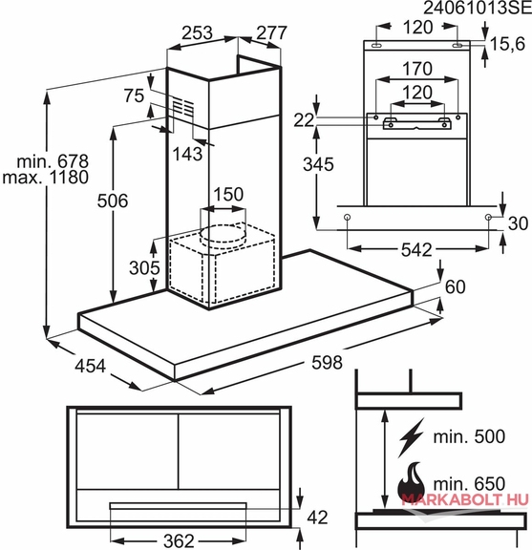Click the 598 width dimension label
(327, 362)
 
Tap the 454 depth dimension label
(90, 367)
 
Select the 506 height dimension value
(113, 201)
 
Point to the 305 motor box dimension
(144, 268)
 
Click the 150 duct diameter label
(228, 195)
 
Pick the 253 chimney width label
(197, 33)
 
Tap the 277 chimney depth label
(271, 33)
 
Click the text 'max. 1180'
(45, 178)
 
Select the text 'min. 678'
(53, 161)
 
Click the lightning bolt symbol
(411, 437)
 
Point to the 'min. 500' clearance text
(469, 436)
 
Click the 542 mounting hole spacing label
(416, 250)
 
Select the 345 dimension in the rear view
(318, 164)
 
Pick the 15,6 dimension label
(507, 44)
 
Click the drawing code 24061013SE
(478, 8)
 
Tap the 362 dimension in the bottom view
(179, 540)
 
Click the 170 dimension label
(416, 69)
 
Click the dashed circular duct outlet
(223, 234)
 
